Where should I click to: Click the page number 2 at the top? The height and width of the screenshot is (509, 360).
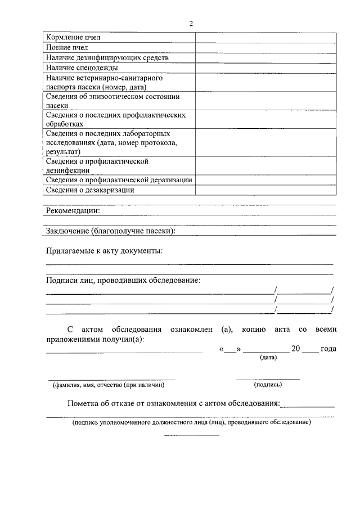[191, 23]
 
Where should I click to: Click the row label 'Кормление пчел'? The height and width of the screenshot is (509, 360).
[73, 37]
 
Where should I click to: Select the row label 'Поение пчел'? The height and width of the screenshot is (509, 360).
[67, 47]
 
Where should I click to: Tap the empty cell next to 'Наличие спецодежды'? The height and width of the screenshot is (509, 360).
[265, 67]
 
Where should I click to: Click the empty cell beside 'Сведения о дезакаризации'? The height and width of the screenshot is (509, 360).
[265, 190]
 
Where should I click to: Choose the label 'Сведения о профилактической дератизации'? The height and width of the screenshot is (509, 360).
[119, 180]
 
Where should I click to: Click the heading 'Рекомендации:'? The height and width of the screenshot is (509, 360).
[73, 211]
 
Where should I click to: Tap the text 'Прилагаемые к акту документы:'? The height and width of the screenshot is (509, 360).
[104, 250]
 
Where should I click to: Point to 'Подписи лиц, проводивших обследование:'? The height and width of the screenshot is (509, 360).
[123, 280]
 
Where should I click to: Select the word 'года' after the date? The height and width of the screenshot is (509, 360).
[328, 349]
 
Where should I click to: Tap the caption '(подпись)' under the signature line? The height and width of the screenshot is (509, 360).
[268, 385]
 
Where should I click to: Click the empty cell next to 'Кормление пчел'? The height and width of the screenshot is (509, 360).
[265, 37]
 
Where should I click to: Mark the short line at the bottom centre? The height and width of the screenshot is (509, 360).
[191, 435]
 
